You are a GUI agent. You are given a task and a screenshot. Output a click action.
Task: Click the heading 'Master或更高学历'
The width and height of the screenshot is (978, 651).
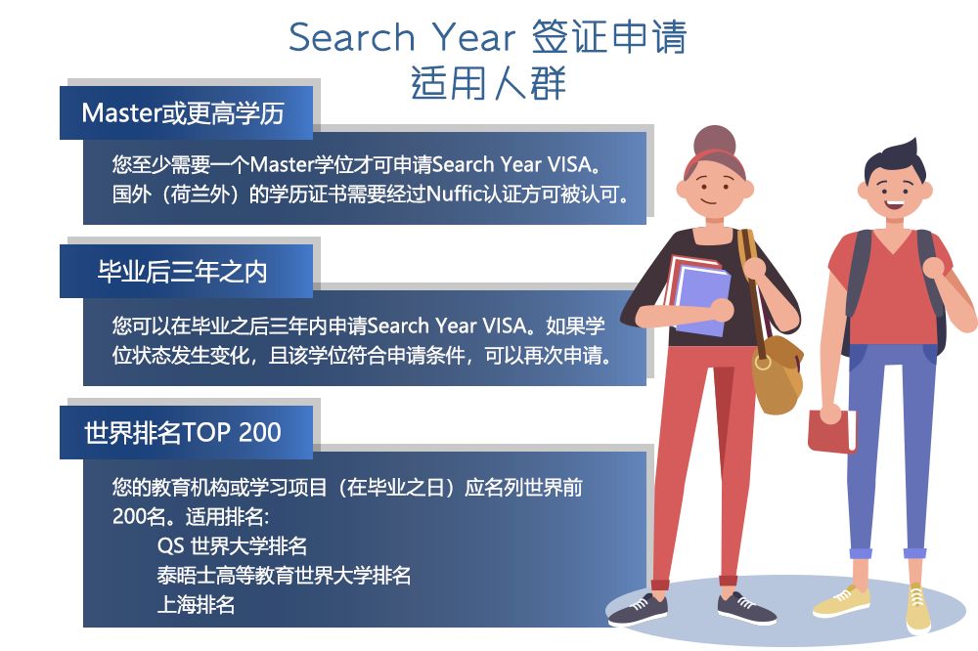[x=183, y=113]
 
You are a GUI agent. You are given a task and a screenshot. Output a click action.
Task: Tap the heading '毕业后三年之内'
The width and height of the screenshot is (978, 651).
[x=182, y=272]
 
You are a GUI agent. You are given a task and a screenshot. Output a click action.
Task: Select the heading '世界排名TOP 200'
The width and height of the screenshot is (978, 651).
[x=183, y=432]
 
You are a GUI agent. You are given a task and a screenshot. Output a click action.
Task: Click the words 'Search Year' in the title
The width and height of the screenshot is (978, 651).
[x=402, y=37]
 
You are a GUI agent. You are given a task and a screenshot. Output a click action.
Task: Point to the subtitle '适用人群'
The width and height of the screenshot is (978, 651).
[x=488, y=83]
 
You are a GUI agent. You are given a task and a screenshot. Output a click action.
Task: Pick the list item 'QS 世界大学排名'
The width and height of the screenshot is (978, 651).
[x=232, y=546]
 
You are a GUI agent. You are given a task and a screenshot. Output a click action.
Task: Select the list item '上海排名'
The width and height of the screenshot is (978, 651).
[x=196, y=604]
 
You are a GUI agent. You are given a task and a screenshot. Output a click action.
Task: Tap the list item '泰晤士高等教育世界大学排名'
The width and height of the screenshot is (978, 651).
[x=284, y=575]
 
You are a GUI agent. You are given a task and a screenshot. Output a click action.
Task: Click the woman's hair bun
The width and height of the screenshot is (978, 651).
[x=715, y=140]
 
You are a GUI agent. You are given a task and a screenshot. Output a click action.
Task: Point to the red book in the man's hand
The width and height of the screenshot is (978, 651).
[x=832, y=431]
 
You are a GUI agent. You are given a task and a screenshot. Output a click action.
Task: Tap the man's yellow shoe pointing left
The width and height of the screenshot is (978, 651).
[x=841, y=601]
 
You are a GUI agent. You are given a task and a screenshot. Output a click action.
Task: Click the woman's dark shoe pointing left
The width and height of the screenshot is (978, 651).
[x=638, y=609]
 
